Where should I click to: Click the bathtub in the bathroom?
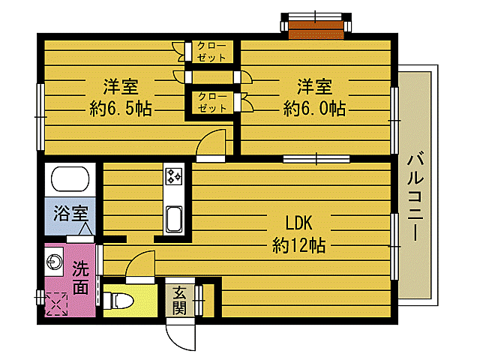pyautogui.click(x=70, y=178)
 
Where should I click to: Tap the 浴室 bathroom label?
pyautogui.click(x=70, y=213)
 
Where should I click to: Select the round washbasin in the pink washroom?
pyautogui.click(x=55, y=262)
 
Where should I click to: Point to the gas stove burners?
pyautogui.click(x=173, y=177)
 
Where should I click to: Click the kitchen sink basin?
pyautogui.click(x=174, y=218)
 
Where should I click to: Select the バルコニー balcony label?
pyautogui.click(x=415, y=198)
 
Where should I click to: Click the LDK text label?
pyautogui.click(x=298, y=223)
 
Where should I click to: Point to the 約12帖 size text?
pyautogui.click(x=298, y=245)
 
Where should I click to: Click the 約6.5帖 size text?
pyautogui.click(x=121, y=108)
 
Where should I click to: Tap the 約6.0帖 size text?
pyautogui.click(x=314, y=108)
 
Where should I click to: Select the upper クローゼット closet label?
pyautogui.click(x=211, y=52)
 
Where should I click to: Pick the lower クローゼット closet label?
pyautogui.click(x=212, y=102)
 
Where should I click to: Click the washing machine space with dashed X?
pyautogui.click(x=56, y=304)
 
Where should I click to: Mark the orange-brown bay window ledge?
pyautogui.click(x=316, y=30)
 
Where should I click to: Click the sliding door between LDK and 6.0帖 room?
pyautogui.click(x=316, y=159)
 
